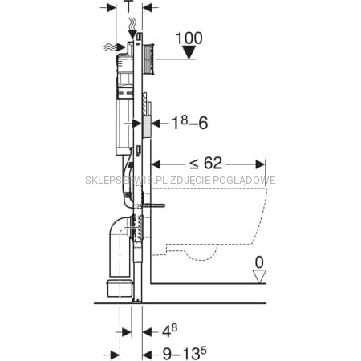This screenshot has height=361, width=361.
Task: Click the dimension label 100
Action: click(x=189, y=39)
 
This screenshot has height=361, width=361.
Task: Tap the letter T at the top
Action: click(x=128, y=6)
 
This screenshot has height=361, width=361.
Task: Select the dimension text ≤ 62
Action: click(x=205, y=163)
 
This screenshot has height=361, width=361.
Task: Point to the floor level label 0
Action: click(x=259, y=262)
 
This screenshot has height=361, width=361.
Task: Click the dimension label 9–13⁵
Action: click(x=185, y=354)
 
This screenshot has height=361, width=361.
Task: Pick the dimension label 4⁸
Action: click(x=170, y=331)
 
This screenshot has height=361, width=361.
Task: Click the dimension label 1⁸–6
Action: click(x=189, y=124)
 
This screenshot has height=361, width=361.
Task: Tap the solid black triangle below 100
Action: click(x=189, y=52)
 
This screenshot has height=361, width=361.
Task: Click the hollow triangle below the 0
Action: click(x=259, y=276)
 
